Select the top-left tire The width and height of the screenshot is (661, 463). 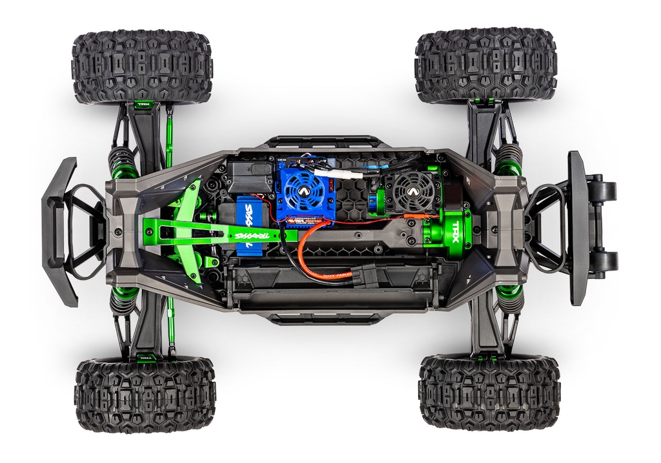click(x=142, y=67)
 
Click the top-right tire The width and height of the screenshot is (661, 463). click(x=485, y=65)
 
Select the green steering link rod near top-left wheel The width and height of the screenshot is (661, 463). click(x=169, y=139)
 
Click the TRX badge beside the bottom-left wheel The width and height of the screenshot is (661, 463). click(x=145, y=354)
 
